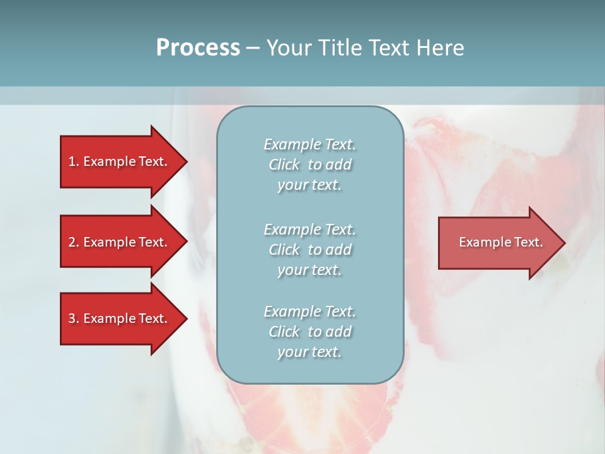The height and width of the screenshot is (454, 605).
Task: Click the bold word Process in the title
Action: point(198,48)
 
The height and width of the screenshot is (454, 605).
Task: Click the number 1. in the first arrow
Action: point(73,161)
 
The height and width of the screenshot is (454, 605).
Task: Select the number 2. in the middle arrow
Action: point(73,242)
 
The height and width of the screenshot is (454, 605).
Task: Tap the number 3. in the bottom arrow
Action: point(73,318)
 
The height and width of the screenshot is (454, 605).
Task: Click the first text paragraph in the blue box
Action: point(309,165)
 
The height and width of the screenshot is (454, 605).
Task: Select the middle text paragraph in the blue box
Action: point(309,250)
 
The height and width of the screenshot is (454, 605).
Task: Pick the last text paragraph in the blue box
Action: point(309,332)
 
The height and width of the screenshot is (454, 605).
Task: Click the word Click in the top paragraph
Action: point(284,165)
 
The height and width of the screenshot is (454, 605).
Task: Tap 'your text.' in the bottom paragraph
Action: point(309,352)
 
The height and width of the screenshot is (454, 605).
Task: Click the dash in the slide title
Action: point(253,48)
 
